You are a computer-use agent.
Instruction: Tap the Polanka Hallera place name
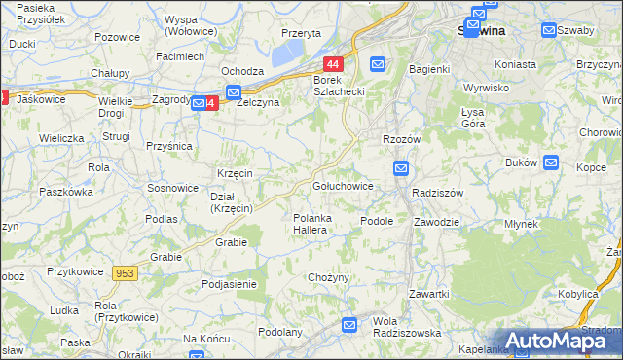point(314,225)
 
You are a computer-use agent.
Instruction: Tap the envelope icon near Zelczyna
point(234,91)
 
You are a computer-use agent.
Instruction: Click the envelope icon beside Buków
point(551,162)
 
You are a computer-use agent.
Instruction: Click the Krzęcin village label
point(236,172)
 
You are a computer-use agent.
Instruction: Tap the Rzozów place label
point(401,139)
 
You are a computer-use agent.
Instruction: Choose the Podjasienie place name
point(229,283)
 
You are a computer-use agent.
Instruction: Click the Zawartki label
point(428,294)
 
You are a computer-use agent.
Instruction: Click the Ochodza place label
point(242,71)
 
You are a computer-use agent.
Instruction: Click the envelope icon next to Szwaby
point(549,30)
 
